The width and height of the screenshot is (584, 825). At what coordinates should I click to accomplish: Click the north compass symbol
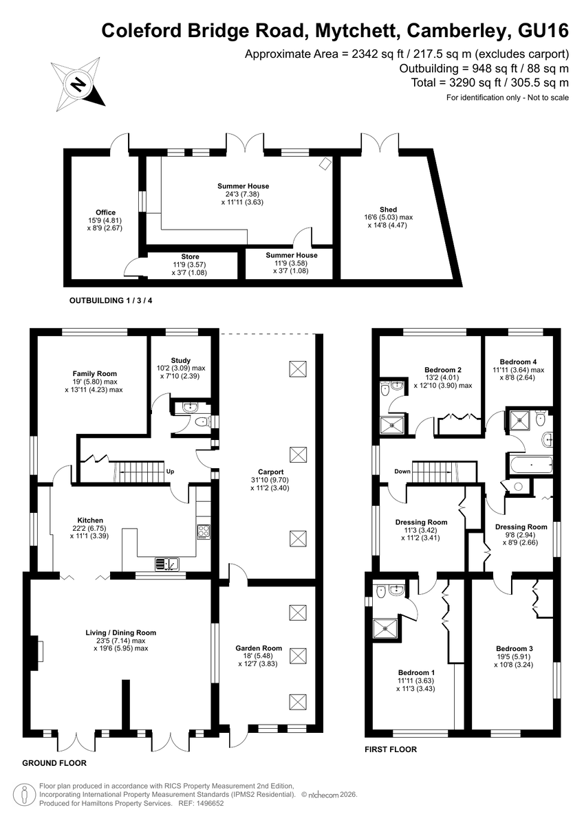[x=78, y=85]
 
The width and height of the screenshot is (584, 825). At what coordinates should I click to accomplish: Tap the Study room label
[x=180, y=360]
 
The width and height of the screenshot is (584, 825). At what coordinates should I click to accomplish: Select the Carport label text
[x=271, y=472]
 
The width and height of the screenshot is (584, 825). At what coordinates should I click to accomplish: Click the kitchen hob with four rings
[x=204, y=532]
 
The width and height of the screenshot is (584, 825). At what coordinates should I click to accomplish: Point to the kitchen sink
[x=167, y=564]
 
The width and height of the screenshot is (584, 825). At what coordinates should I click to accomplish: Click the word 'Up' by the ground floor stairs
[x=170, y=472]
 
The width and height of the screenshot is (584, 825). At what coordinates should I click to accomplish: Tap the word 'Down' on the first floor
[x=402, y=471]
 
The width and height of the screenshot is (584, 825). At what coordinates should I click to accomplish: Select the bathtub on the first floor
[x=531, y=465]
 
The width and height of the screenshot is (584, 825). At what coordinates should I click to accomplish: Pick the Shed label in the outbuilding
[x=388, y=209]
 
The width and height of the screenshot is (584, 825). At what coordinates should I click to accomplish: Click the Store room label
[x=190, y=256]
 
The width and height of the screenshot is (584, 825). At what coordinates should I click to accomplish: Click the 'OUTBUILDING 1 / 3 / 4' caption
[x=111, y=300]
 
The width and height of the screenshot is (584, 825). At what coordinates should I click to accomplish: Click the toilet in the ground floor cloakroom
[x=202, y=421]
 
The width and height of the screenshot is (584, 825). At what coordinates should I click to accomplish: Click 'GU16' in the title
[x=543, y=30]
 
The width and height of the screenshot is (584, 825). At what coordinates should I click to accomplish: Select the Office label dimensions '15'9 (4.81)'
[x=105, y=220]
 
